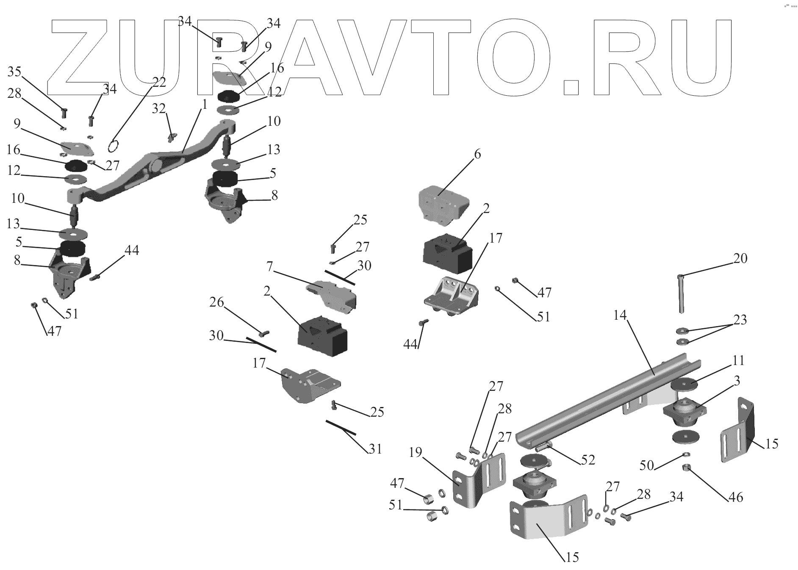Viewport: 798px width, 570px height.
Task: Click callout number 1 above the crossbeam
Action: (204, 104)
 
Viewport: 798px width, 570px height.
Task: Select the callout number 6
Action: (477, 154)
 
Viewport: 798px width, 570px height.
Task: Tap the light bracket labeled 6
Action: (443, 203)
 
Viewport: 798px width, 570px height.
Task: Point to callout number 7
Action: (269, 267)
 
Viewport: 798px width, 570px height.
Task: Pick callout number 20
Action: (740, 258)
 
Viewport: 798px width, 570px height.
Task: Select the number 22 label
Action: (159, 82)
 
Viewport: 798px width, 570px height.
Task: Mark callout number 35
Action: (14, 72)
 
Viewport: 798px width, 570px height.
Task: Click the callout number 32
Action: (159, 109)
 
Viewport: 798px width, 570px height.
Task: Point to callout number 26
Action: (216, 302)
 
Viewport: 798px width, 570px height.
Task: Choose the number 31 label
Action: (375, 449)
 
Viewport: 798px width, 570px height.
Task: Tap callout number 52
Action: (588, 459)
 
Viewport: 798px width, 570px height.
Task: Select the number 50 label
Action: (647, 466)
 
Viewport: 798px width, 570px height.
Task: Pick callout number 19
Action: (416, 453)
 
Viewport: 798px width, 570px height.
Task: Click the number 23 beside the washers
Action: (740, 320)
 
